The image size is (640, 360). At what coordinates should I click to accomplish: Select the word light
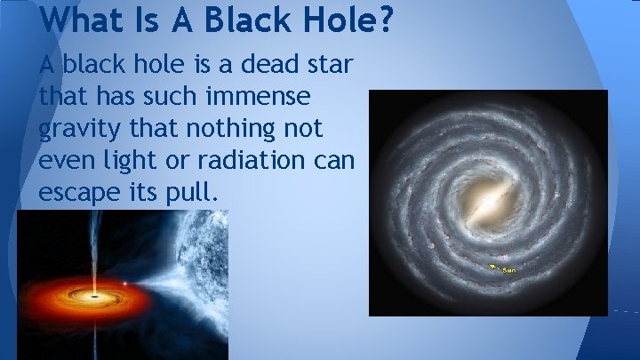pos(132,161)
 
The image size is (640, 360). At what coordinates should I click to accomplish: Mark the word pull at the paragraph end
pos(188,193)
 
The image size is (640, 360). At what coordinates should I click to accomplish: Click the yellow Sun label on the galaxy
pos(509,269)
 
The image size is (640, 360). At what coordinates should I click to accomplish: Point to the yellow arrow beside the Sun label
pos(493,265)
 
